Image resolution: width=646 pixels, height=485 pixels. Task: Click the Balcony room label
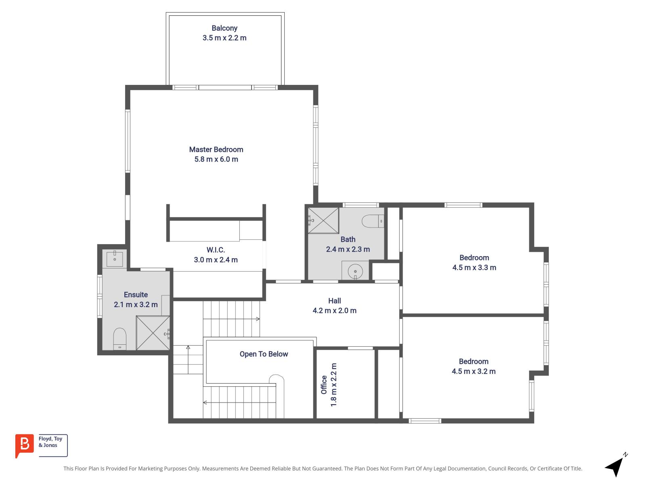(x=224, y=28)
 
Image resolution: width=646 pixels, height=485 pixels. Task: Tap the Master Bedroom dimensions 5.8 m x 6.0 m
(x=216, y=159)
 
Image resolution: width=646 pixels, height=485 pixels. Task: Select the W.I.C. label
(x=216, y=250)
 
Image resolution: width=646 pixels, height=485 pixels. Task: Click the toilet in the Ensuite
(x=120, y=339)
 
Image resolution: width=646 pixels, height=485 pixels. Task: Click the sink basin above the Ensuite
(x=115, y=259)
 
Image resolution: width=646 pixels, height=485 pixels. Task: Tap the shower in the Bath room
(x=323, y=220)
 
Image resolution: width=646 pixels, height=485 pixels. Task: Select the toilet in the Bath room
(x=372, y=221)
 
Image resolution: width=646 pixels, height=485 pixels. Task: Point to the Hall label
(x=334, y=301)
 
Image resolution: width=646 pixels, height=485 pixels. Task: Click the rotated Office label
(x=324, y=384)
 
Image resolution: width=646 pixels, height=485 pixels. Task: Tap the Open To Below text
(x=264, y=354)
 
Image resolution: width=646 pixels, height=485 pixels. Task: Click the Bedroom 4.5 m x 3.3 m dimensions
(x=474, y=268)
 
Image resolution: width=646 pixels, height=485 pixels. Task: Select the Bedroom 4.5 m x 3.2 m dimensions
(x=474, y=371)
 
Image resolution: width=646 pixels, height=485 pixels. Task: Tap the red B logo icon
(x=24, y=445)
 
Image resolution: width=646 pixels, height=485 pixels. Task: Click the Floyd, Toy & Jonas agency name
(x=50, y=442)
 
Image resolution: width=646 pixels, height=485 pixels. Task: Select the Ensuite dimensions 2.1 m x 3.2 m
(x=136, y=305)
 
